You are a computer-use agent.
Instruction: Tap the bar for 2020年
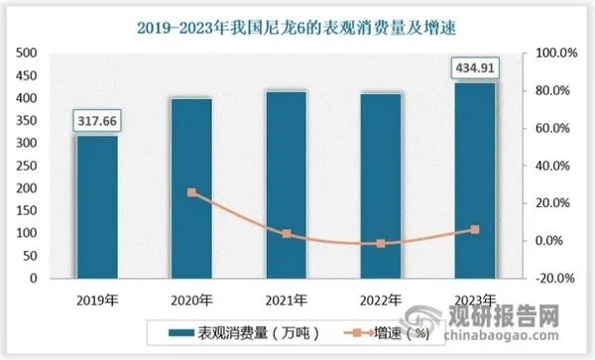pos(192,187)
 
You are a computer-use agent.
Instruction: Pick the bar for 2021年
pos(287,184)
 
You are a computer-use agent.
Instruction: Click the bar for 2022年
pos(381,185)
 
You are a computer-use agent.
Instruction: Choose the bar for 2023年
pos(475,180)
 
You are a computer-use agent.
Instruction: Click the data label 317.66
pos(96,122)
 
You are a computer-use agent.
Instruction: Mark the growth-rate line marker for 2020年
pos(192,192)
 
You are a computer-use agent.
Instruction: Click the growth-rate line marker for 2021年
pos(287,234)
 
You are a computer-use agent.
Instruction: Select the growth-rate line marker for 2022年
pos(381,243)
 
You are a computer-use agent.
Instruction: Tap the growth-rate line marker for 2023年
pos(475,229)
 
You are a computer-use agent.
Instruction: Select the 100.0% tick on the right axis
pos(549,53)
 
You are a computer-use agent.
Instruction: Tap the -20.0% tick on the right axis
pos(549,279)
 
